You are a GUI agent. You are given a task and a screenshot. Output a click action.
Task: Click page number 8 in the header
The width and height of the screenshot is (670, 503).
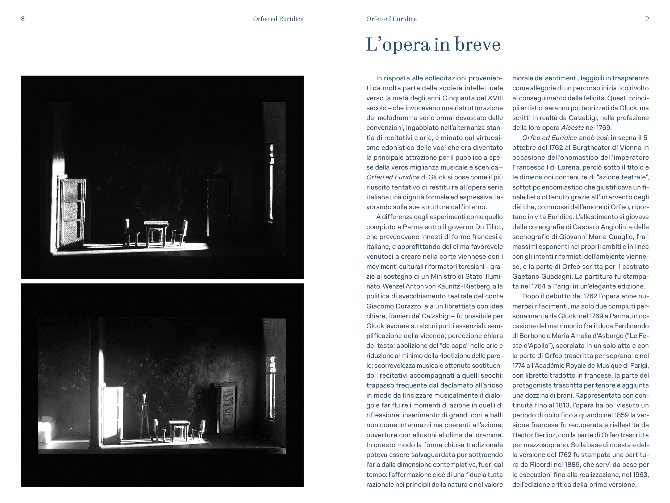click(23, 19)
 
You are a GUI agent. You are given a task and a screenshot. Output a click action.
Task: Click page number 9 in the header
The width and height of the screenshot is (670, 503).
click(647, 19)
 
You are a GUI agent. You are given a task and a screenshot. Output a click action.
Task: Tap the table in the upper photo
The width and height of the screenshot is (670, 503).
click(156, 232)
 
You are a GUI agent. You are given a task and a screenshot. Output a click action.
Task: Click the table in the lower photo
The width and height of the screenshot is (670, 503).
click(179, 430)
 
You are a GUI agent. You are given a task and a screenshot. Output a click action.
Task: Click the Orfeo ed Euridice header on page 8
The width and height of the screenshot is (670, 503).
click(278, 19)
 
